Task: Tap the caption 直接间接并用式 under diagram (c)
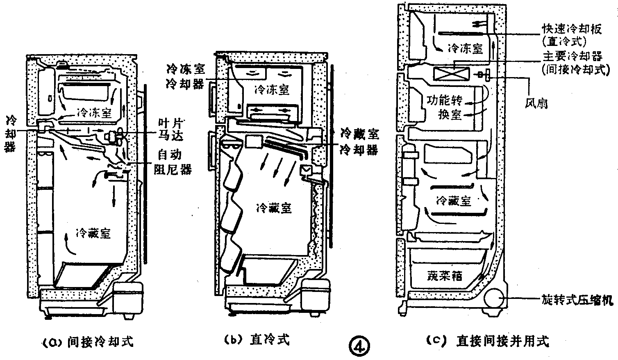487,341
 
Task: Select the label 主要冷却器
573,56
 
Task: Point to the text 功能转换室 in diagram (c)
444,107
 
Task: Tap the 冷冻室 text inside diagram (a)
94,113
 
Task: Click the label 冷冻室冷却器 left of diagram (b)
185,76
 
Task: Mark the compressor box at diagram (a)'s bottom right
127,297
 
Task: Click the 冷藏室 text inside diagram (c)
454,201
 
